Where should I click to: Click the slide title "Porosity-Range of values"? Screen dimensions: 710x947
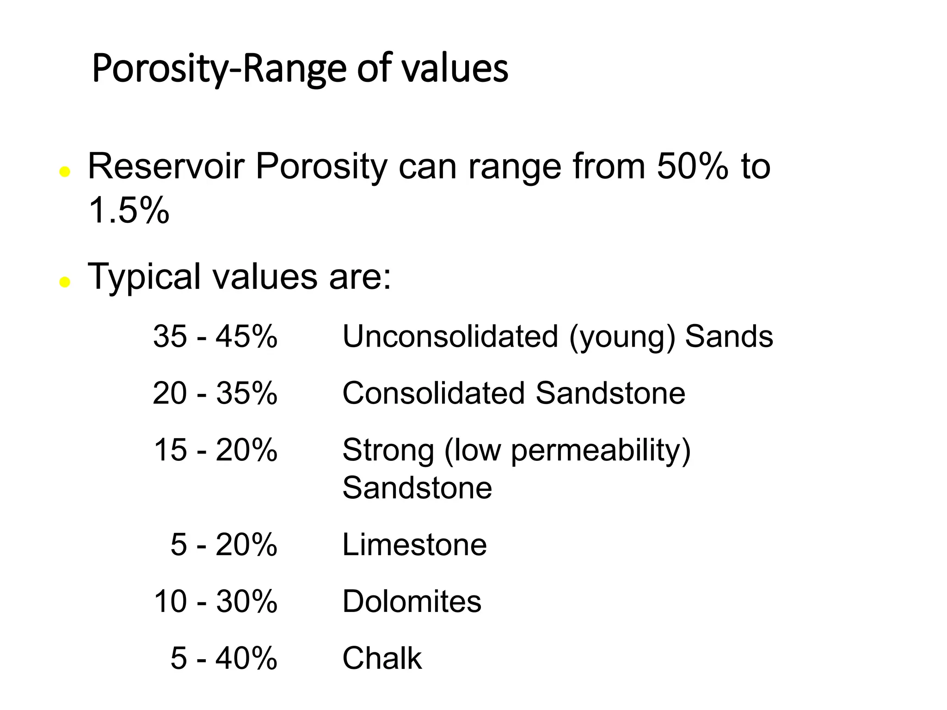point(300,69)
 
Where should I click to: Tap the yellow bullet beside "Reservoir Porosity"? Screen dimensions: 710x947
point(65,172)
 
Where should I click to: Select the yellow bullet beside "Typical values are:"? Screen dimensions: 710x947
point(65,282)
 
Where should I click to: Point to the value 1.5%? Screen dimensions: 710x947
point(129,210)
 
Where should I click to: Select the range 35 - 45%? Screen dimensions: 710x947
point(215,336)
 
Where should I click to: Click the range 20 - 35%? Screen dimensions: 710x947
point(215,393)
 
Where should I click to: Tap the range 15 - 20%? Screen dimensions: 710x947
point(215,450)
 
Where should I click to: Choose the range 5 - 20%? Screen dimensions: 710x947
point(224,545)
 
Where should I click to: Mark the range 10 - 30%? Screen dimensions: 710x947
point(215,601)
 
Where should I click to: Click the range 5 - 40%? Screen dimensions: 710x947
point(224,658)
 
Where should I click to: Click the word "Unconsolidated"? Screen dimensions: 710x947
point(450,336)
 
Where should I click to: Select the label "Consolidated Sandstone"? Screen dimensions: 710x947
point(513,393)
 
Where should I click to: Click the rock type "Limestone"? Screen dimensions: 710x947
point(414,545)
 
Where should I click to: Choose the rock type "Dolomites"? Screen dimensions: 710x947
point(412,601)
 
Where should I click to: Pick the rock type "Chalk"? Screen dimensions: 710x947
point(382,658)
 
